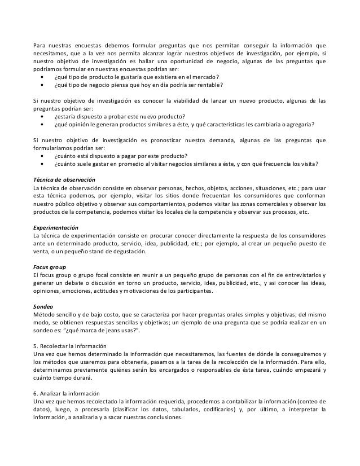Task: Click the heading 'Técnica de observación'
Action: point(64,179)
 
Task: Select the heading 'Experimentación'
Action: point(56,224)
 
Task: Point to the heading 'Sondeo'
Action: point(43,306)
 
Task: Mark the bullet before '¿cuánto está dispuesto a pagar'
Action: point(45,156)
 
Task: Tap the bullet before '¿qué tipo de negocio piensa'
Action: point(45,85)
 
